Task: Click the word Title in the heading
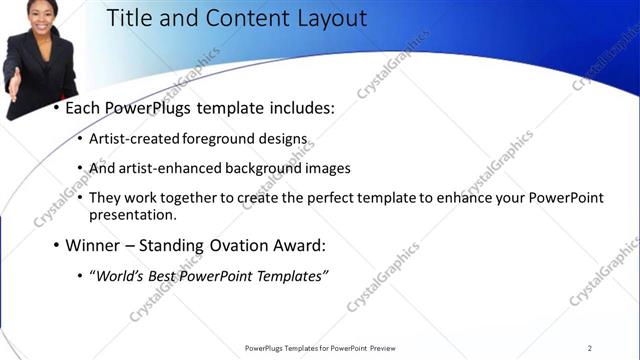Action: click(129, 18)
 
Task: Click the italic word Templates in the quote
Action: click(293, 276)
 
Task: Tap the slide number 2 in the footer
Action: click(590, 348)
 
